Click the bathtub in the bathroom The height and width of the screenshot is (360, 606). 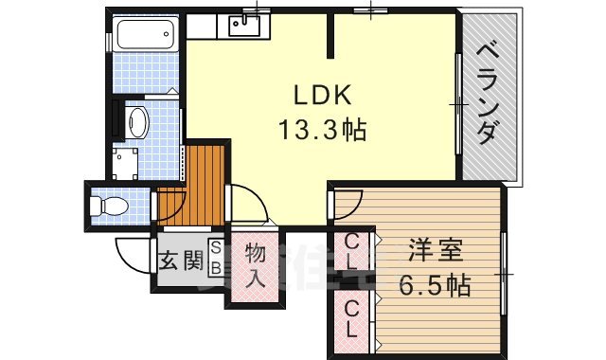145,39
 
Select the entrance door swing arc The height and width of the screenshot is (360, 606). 131,252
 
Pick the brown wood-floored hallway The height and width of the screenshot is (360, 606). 194,185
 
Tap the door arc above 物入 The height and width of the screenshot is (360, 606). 248,204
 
